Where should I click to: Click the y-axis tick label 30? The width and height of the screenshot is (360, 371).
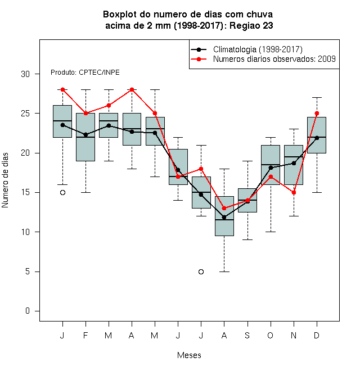[25, 74]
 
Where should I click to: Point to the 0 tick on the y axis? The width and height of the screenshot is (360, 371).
[28, 311]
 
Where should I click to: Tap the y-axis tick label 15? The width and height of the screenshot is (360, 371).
[25, 192]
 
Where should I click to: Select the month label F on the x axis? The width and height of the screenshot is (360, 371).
[85, 335]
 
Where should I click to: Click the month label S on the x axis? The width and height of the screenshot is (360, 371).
[247, 335]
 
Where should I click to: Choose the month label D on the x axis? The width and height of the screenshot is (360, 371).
[317, 335]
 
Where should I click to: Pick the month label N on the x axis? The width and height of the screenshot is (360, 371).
[294, 335]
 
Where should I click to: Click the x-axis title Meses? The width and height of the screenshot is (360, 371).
[189, 355]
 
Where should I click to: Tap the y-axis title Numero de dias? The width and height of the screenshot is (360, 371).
[5, 180]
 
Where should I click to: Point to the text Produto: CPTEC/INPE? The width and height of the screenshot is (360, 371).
[85, 73]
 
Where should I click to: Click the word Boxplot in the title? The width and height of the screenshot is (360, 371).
[120, 15]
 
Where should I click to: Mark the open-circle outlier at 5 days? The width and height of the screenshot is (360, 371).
[201, 272]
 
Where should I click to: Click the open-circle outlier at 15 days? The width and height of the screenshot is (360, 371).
[62, 193]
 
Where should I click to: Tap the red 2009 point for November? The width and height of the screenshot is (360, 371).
[294, 193]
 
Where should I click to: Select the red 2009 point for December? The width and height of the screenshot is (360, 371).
[317, 114]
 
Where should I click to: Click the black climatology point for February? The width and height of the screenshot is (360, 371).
[85, 135]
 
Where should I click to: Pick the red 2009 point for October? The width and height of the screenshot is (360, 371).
[271, 177]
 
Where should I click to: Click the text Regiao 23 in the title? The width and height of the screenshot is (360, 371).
[251, 25]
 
